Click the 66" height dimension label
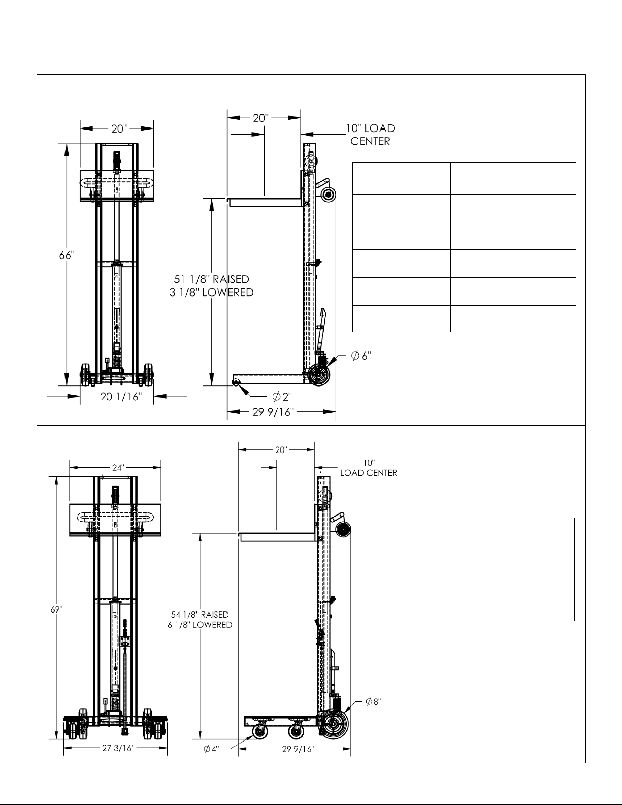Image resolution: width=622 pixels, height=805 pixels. click(x=67, y=255)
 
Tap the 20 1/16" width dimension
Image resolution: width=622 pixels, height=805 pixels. click(x=121, y=397)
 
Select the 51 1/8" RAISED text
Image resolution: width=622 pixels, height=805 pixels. click(x=211, y=279)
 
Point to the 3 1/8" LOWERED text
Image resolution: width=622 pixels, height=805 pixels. click(x=211, y=293)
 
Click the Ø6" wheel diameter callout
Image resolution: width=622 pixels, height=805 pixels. click(x=361, y=356)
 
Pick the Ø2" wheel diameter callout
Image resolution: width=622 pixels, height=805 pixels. click(x=282, y=397)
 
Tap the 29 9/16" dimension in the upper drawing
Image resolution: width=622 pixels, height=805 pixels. click(x=273, y=412)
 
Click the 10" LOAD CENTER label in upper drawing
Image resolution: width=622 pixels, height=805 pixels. click(x=370, y=135)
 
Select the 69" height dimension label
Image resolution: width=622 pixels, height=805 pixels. click(x=57, y=609)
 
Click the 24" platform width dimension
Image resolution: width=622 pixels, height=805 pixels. click(x=117, y=468)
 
